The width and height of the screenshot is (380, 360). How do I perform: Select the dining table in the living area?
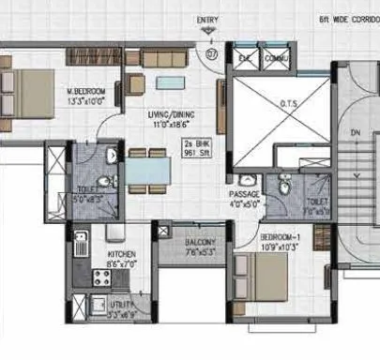point(149,171)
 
